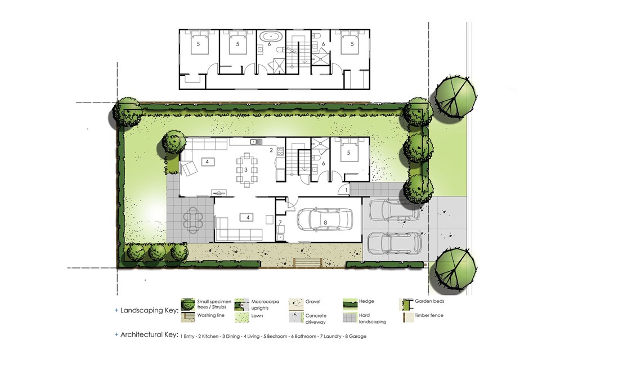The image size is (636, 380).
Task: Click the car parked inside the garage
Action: tap(325, 220)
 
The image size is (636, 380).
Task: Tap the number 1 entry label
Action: tap(346, 190)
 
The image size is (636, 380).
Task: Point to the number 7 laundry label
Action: tap(280, 222)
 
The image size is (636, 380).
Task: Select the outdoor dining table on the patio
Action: tap(193, 220)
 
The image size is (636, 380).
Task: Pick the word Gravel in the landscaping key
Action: tap(313, 301)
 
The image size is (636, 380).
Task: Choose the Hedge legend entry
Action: tap(366, 301)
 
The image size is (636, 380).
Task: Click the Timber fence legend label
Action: tap(429, 315)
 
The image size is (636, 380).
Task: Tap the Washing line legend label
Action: tap(210, 315)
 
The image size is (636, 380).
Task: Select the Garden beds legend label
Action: tap(429, 301)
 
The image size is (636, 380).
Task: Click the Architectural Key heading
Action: tap(149, 335)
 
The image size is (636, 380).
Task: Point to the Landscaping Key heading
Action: tap(149, 311)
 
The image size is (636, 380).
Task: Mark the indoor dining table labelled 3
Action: tap(246, 169)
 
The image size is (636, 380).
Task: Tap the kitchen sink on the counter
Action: tap(256, 141)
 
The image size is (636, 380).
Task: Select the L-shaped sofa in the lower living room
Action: tap(239, 229)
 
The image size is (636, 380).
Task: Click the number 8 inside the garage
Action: tap(325, 222)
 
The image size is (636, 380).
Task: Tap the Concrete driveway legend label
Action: tap(316, 319)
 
